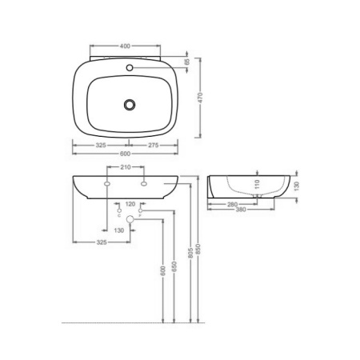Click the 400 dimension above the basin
click(126, 46)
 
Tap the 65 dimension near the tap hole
click(186, 61)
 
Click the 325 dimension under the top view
click(101, 145)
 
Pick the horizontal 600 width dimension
click(126, 154)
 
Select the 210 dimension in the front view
click(126, 169)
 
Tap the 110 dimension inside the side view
click(257, 183)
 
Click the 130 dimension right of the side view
click(298, 184)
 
